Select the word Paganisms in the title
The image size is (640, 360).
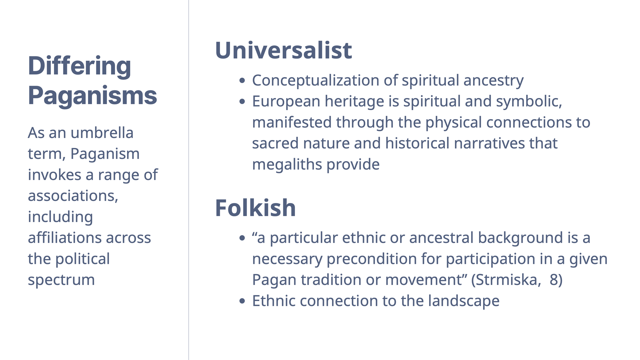tap(92, 96)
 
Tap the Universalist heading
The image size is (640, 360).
tap(283, 50)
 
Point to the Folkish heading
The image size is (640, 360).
tap(255, 208)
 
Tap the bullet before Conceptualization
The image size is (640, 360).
tap(242, 80)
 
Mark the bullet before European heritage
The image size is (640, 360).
tap(242, 101)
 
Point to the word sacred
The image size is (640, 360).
tap(275, 143)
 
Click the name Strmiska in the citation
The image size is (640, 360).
tap(506, 280)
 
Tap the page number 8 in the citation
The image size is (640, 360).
tap(554, 280)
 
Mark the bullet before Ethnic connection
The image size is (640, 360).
tap(242, 301)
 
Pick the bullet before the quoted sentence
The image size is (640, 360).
tap(242, 238)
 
